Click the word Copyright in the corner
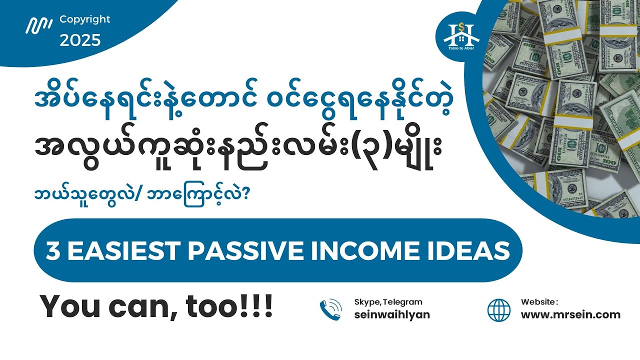(x=85, y=19)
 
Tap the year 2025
(x=80, y=40)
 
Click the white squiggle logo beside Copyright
(x=39, y=25)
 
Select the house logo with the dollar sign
(x=461, y=35)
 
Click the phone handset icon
(x=331, y=309)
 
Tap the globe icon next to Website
(x=499, y=310)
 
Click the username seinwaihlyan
(x=392, y=315)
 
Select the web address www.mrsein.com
(x=570, y=315)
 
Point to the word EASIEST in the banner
(x=120, y=251)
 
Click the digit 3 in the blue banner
(x=51, y=251)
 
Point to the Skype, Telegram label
(x=388, y=302)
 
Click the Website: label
(x=539, y=302)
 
